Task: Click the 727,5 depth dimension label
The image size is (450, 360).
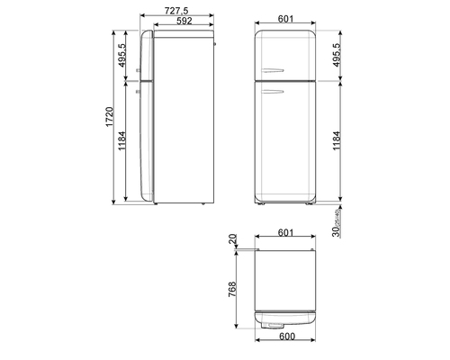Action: point(176,11)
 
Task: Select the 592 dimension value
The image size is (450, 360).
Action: point(184,21)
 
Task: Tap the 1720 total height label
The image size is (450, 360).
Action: point(110,117)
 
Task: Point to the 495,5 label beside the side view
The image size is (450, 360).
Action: point(122,55)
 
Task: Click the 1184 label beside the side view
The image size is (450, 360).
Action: point(122,140)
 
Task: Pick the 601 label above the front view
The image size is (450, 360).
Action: point(285,19)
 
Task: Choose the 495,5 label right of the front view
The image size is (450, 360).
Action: point(337,55)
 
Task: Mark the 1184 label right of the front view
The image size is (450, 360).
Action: point(337,140)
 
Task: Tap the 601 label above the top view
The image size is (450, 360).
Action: point(285,232)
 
